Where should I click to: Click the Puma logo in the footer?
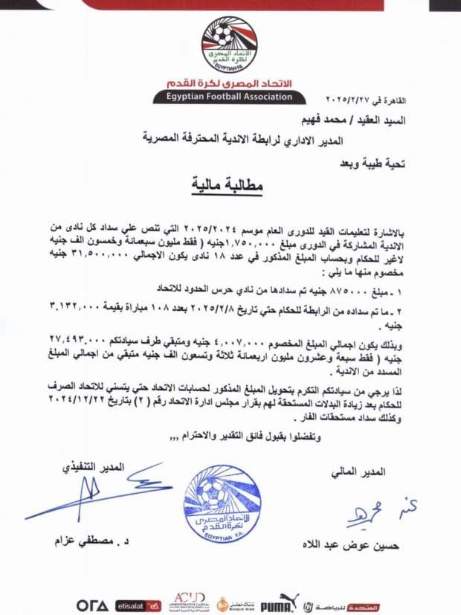point(280,602)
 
